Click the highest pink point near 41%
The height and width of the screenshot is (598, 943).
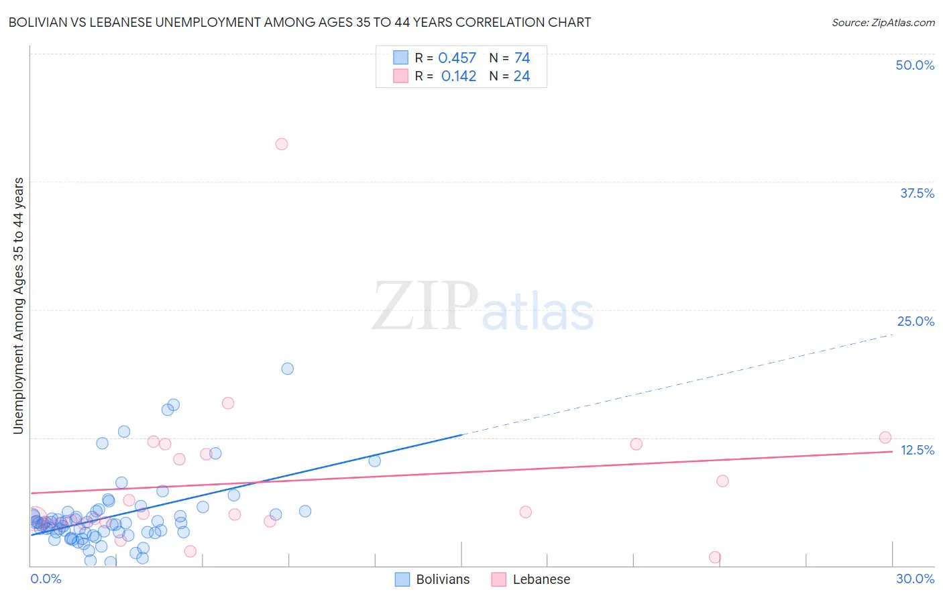pos(282,144)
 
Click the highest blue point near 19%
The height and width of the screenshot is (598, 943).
pos(287,369)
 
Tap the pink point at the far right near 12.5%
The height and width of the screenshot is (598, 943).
pos(885,438)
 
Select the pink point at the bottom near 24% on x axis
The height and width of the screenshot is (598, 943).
pos(715,557)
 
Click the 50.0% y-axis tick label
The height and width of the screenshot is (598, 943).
pos(915,65)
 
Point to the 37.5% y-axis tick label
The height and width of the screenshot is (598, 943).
pos(917,193)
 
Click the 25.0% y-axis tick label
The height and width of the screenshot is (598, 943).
pos(916,321)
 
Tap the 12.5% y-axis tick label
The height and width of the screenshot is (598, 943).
pos(917,450)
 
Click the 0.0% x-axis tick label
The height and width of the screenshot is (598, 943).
pos(46,579)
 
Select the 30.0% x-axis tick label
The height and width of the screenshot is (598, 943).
pos(915,579)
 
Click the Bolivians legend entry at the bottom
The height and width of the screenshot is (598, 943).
pos(433,579)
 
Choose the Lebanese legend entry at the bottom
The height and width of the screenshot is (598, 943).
pos(531,579)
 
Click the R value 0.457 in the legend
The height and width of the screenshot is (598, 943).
pos(457,58)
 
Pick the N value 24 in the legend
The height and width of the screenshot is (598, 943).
pos(522,76)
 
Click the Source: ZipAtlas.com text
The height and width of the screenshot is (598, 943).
pos(883,22)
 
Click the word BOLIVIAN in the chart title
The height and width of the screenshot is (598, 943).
pos(40,22)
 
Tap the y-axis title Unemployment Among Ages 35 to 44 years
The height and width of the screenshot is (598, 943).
pos(18,306)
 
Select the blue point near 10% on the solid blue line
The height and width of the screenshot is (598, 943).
pos(374,461)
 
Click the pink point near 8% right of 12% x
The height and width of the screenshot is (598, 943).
pos(722,481)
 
